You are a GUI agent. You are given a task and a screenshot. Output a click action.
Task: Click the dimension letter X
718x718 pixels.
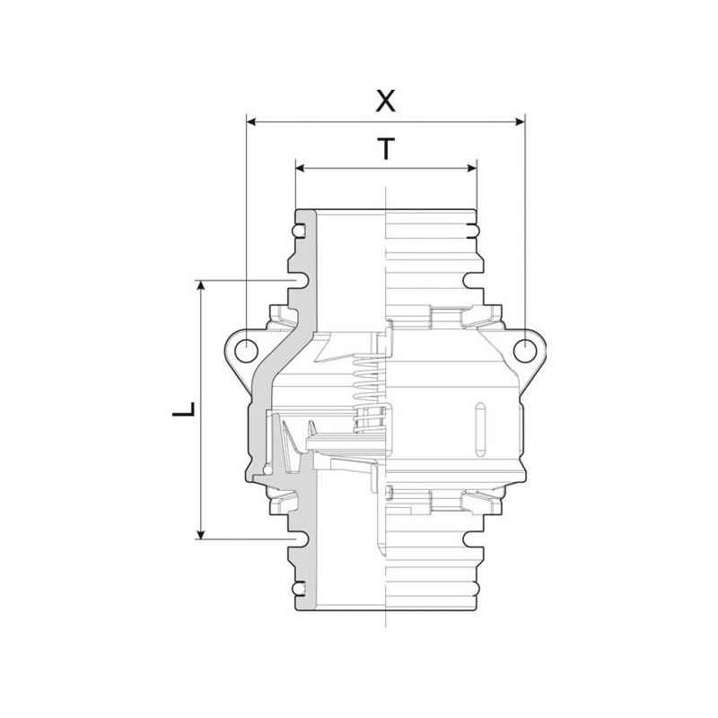(385, 101)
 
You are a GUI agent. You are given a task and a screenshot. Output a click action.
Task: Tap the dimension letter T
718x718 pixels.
(385, 149)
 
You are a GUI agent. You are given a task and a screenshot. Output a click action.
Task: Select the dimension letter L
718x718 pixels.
(184, 410)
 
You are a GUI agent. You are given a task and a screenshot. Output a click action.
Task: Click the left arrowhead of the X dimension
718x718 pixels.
(251, 120)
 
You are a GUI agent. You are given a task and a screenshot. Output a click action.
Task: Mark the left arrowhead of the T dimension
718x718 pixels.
(301, 169)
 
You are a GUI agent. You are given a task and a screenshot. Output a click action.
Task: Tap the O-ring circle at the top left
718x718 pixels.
(299, 232)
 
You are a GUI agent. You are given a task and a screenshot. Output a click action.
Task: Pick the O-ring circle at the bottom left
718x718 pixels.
(299, 588)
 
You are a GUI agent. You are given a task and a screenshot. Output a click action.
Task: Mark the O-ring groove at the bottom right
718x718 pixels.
(472, 588)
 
